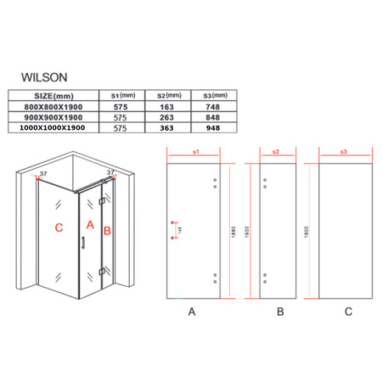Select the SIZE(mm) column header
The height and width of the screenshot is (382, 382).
pyautogui.click(x=49, y=95)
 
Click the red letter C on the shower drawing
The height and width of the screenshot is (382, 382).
pyautogui.click(x=58, y=228)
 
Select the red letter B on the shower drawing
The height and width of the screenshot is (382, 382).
pyautogui.click(x=107, y=230)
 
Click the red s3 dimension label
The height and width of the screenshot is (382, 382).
pyautogui.click(x=342, y=151)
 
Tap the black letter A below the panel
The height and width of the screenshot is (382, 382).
pyautogui.click(x=192, y=312)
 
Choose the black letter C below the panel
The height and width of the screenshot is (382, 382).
pyautogui.click(x=347, y=312)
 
